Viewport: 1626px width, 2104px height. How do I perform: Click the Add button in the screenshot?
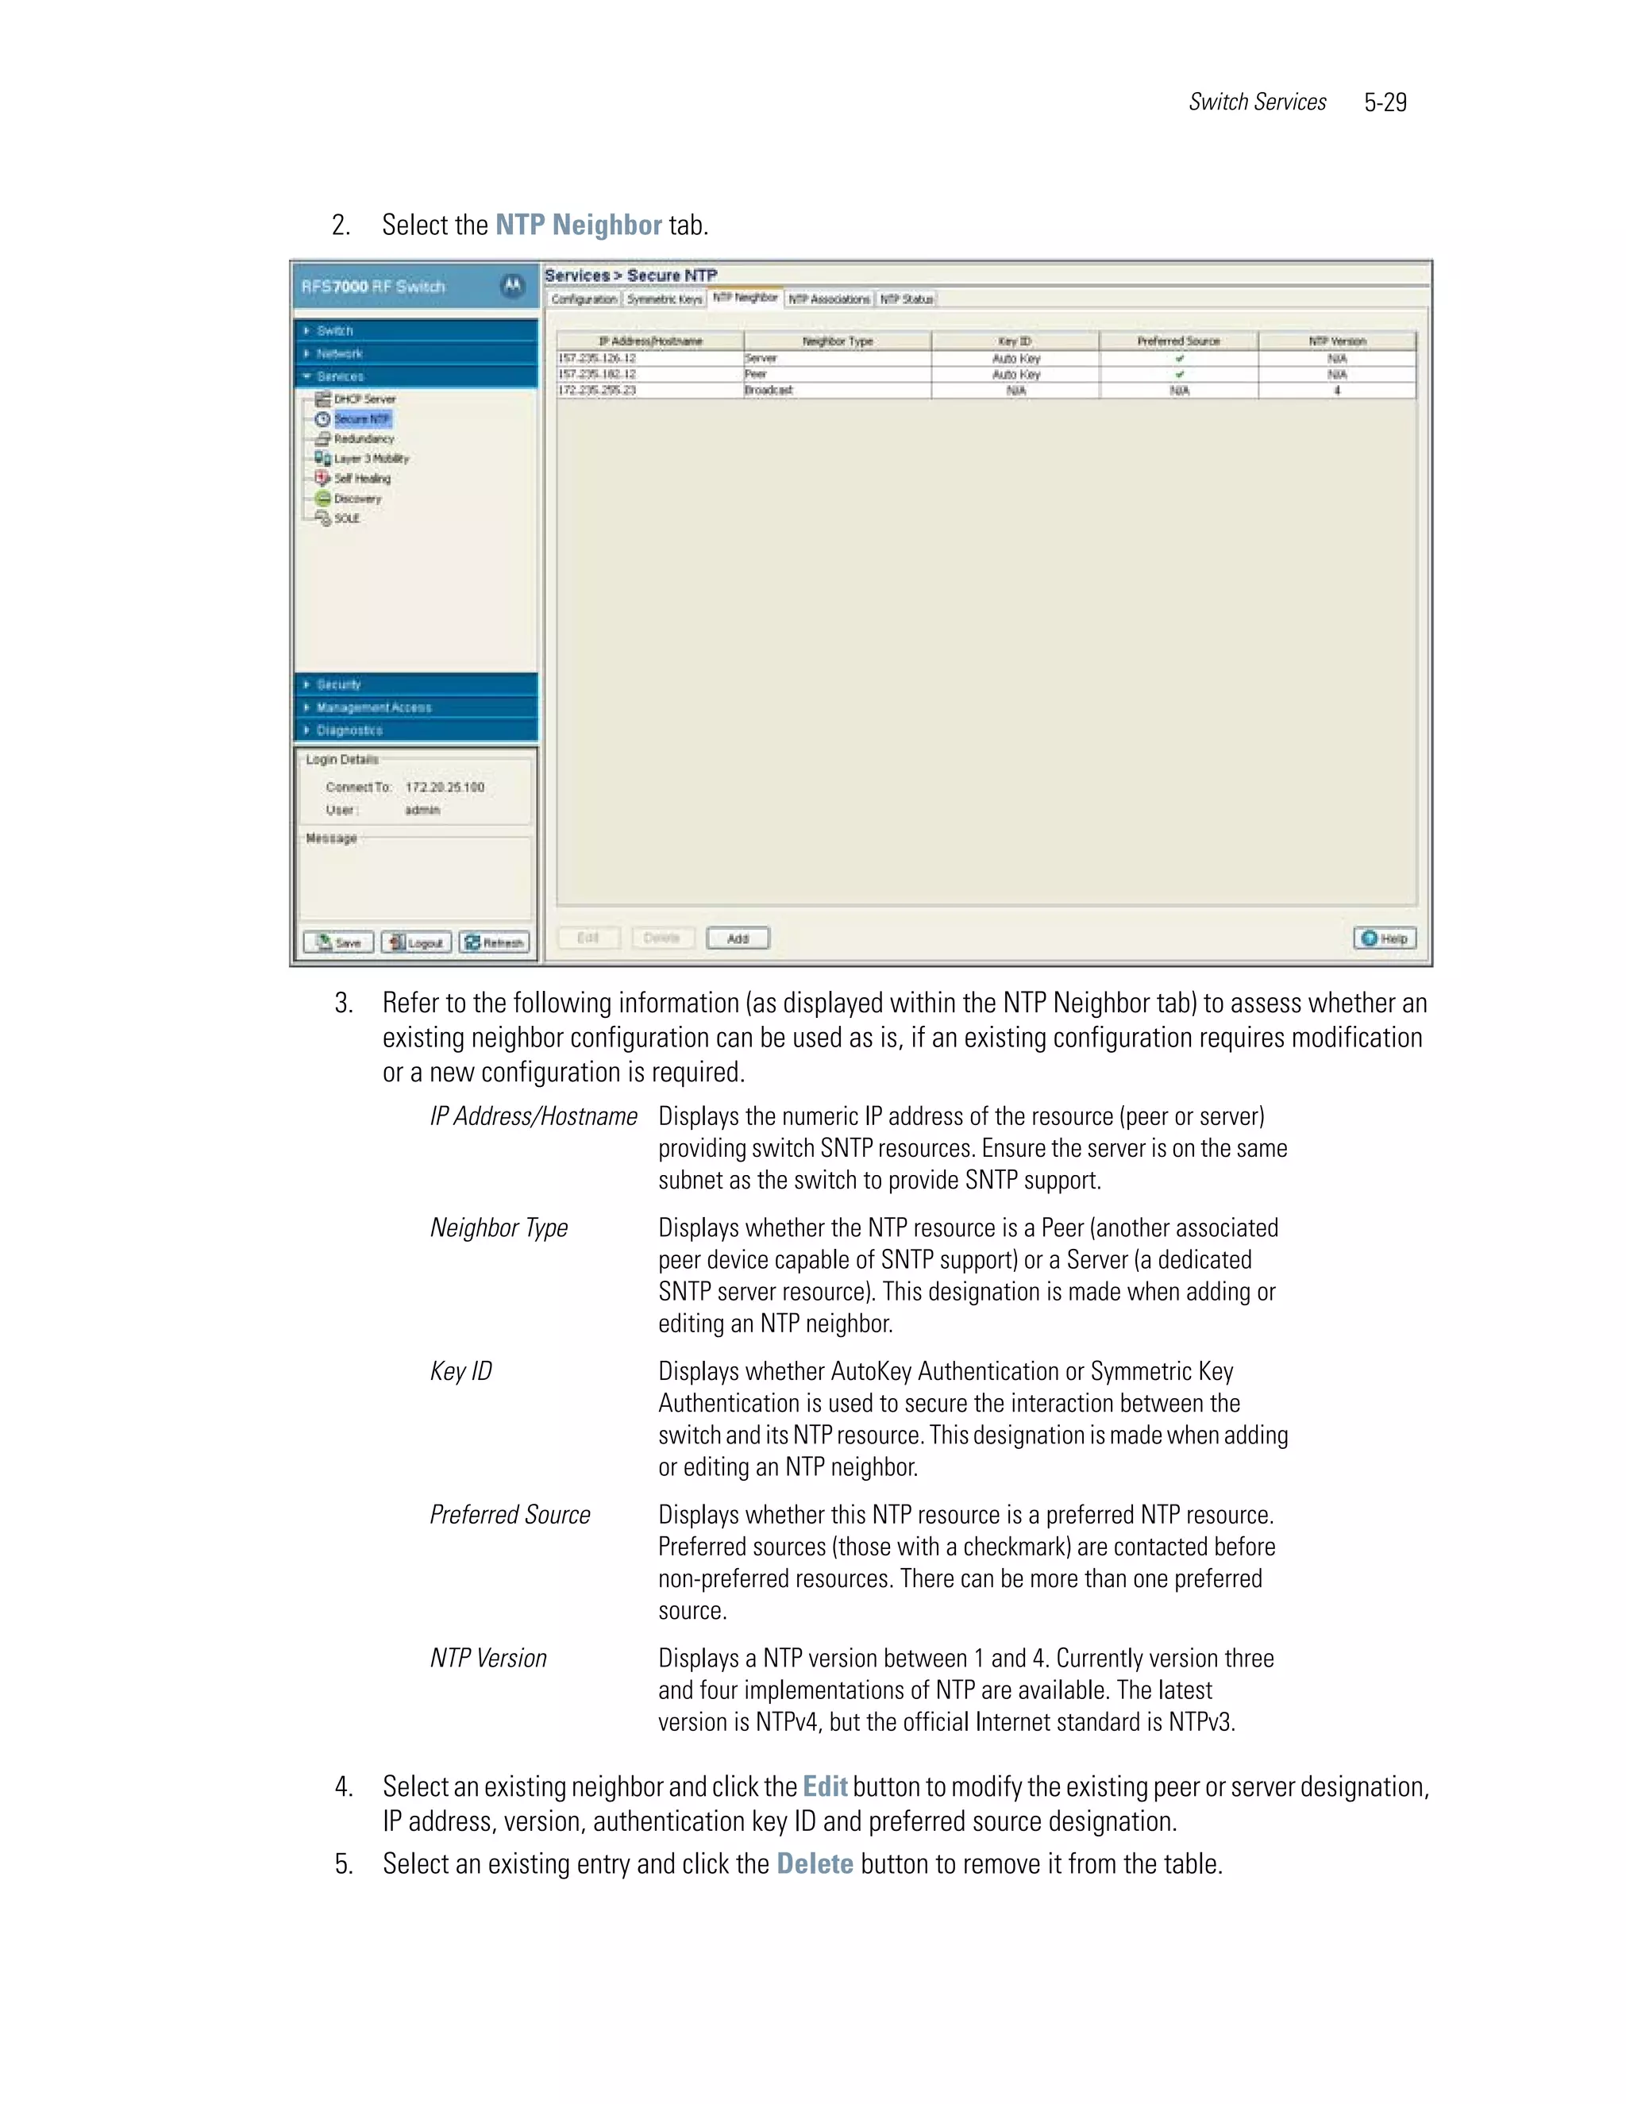(x=737, y=938)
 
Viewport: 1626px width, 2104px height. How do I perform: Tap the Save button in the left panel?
(x=338, y=942)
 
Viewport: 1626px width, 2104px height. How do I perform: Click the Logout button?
(x=415, y=942)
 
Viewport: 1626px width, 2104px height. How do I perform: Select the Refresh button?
(x=493, y=942)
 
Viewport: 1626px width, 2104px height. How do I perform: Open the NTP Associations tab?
(x=827, y=299)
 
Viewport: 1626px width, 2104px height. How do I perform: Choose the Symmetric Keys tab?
(x=664, y=299)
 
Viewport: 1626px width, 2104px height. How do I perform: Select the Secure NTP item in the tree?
(x=361, y=419)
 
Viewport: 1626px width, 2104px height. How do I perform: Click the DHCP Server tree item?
(x=364, y=399)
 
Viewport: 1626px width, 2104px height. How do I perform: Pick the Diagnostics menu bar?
(x=415, y=730)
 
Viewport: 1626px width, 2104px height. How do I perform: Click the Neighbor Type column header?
(x=836, y=341)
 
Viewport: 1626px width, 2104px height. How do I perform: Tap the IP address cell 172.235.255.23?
(x=597, y=390)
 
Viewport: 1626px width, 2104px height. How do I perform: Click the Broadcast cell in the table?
(x=769, y=390)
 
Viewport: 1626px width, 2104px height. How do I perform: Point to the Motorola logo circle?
(x=512, y=286)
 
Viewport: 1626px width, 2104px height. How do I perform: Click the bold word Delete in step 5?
(x=814, y=1863)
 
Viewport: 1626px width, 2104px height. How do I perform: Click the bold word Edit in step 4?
(x=825, y=1786)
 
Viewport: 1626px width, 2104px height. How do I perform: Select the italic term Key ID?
(x=460, y=1371)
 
